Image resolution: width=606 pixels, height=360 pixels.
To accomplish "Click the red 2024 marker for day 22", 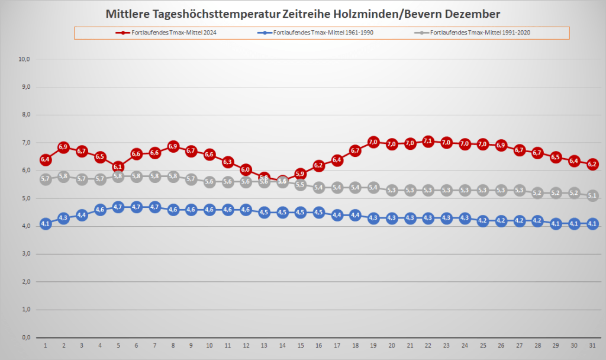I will (428, 141).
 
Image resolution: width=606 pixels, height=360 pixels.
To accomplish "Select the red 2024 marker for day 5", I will (118, 167).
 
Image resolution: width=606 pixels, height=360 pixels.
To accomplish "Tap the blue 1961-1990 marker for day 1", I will (45, 224).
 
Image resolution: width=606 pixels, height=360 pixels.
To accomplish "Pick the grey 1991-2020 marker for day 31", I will (592, 196).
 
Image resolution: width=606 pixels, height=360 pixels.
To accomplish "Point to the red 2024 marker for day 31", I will (592, 164).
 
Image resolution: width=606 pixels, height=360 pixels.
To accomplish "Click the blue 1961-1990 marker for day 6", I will (136, 207).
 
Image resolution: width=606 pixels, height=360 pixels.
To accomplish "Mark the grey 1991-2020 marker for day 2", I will (63, 176).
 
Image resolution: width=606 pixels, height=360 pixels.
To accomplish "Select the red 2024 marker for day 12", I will (246, 170).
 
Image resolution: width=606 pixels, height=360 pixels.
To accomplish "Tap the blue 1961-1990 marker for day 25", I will (483, 221).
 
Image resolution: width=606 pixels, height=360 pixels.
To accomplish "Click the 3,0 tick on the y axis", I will (25, 254).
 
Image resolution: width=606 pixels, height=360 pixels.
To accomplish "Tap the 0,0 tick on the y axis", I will (25, 337).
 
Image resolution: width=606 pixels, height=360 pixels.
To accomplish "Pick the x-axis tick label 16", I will (318, 345).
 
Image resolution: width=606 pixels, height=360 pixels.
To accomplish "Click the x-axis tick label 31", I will (592, 345).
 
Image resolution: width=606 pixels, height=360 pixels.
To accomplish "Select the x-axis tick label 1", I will (45, 345).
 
